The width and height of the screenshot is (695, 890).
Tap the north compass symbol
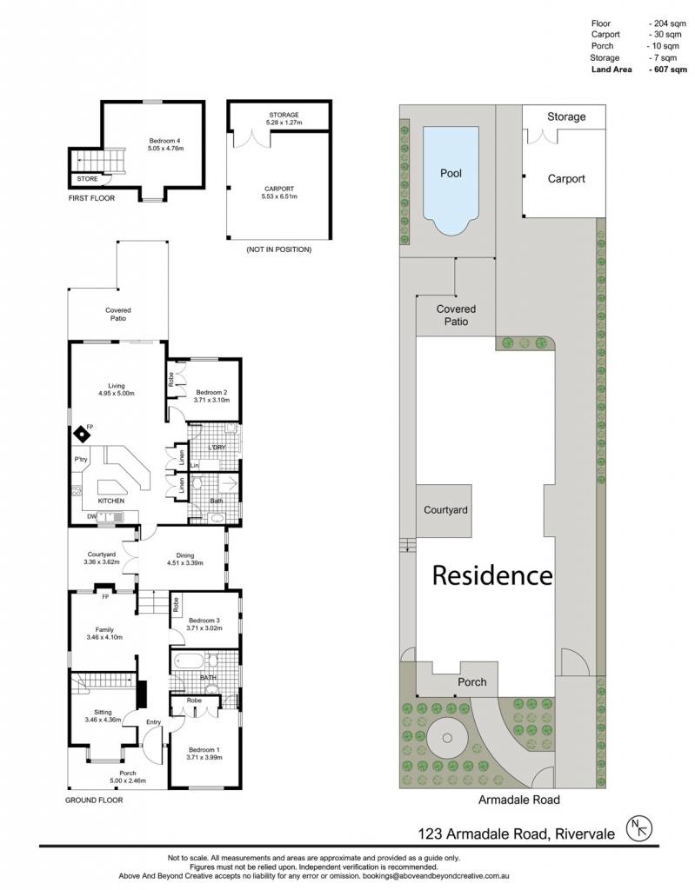coord(639,829)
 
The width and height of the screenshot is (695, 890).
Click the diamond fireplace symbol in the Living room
coord(83,435)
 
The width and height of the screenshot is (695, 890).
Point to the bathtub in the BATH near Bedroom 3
coord(189,661)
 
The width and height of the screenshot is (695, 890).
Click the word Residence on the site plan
coord(492,575)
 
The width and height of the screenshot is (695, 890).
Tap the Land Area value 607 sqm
coord(668,70)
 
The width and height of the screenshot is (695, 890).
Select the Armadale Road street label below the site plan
coord(518,800)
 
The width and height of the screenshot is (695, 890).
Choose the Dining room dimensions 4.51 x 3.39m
coord(185,563)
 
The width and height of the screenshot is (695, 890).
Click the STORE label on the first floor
coord(88,179)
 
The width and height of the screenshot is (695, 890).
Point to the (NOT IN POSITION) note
coord(279,249)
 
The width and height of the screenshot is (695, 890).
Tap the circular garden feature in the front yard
coord(447,738)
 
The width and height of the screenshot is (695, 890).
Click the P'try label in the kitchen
coord(81,459)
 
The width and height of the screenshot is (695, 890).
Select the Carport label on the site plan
coord(566,179)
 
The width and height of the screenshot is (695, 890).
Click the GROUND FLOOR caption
coord(94,800)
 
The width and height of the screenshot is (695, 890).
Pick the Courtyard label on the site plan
coord(445,509)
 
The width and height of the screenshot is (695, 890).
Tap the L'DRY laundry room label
coord(217,448)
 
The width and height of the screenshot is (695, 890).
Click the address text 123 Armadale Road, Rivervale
coord(517,834)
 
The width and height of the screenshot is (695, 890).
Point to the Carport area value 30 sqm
coord(665,35)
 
